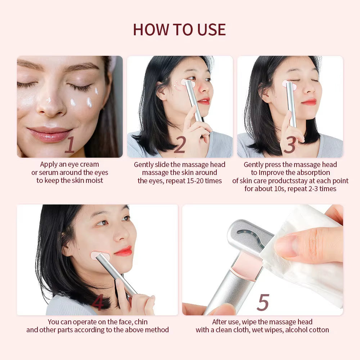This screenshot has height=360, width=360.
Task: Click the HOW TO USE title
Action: tap(179, 30)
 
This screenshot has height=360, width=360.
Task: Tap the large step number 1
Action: tap(69, 145)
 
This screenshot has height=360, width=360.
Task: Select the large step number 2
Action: tap(180, 145)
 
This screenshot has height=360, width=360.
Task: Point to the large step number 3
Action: tap(290, 145)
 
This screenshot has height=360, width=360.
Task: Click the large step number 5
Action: tap(263, 303)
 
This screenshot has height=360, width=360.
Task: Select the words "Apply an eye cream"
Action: tap(69, 165)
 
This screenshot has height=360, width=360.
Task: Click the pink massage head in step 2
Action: tap(188, 84)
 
